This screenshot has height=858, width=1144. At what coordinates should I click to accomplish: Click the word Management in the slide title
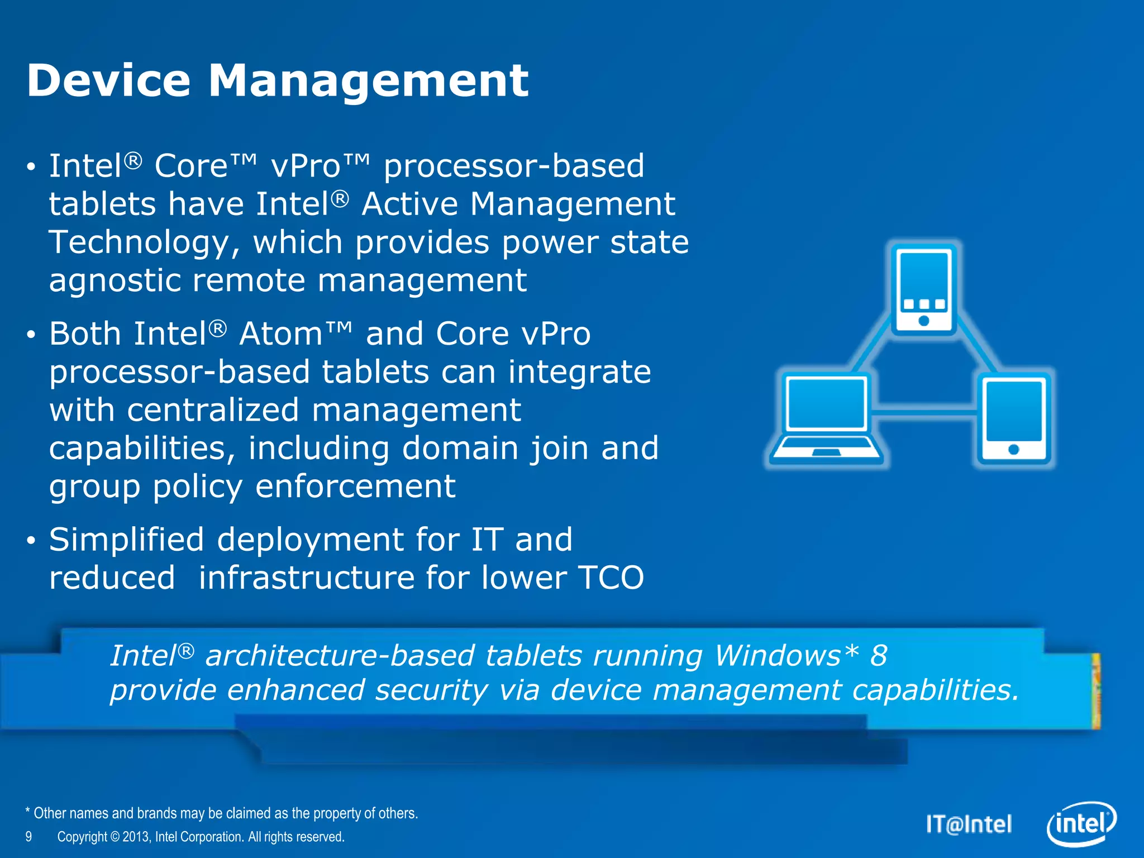click(x=368, y=80)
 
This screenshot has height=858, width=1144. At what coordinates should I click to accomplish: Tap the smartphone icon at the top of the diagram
click(x=923, y=289)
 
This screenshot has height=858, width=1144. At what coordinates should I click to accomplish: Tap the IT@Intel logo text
click(x=969, y=824)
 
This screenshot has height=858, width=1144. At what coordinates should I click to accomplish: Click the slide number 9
click(x=28, y=837)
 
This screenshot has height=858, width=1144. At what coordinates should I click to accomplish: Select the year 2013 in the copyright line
click(x=135, y=837)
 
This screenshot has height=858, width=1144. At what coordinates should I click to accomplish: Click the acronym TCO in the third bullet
click(x=611, y=578)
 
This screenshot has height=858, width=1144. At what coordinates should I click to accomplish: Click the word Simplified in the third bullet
click(x=126, y=540)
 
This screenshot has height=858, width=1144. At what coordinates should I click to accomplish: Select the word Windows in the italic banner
click(x=778, y=655)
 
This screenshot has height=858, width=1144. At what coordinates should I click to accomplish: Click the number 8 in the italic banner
click(x=879, y=655)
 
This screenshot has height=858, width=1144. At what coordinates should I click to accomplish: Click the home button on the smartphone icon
click(x=924, y=321)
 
